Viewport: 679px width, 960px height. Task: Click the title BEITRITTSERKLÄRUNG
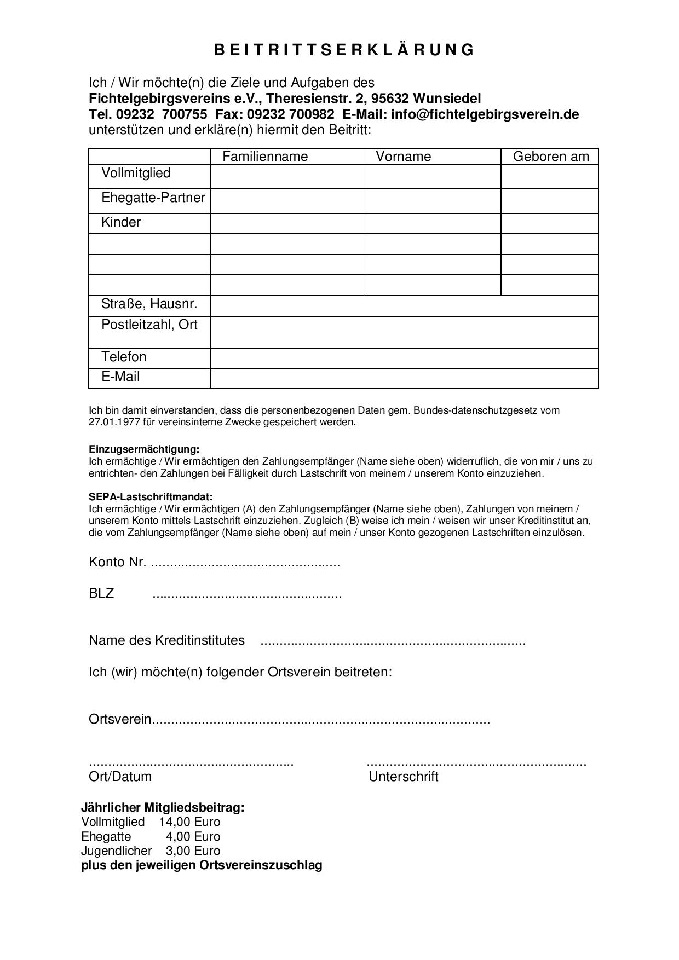click(x=344, y=50)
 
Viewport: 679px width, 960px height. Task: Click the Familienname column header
click(x=265, y=157)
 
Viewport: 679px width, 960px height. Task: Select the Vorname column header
click(x=404, y=157)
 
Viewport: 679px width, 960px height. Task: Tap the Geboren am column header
click(x=551, y=157)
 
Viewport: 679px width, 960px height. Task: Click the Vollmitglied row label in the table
click(x=136, y=174)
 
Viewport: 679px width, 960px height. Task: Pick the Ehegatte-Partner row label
click(x=153, y=198)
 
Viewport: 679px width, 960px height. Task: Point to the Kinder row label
click(x=121, y=222)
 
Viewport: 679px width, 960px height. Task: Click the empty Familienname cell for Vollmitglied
click(x=287, y=177)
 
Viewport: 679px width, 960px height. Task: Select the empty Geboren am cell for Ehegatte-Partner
click(x=549, y=201)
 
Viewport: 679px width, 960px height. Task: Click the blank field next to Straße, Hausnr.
click(x=404, y=306)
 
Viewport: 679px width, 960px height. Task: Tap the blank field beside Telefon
click(x=404, y=358)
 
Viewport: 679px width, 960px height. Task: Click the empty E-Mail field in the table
click(x=404, y=378)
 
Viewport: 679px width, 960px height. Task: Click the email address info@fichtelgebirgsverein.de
click(x=485, y=114)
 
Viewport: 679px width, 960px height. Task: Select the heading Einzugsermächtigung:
click(x=144, y=449)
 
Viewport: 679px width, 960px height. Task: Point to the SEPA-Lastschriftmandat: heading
click(x=151, y=497)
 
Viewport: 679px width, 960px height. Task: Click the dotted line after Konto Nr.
click(x=245, y=563)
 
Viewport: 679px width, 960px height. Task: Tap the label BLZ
click(x=101, y=593)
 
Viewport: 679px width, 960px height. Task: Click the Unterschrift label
click(x=404, y=777)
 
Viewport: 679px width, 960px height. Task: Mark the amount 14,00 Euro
click(x=189, y=822)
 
